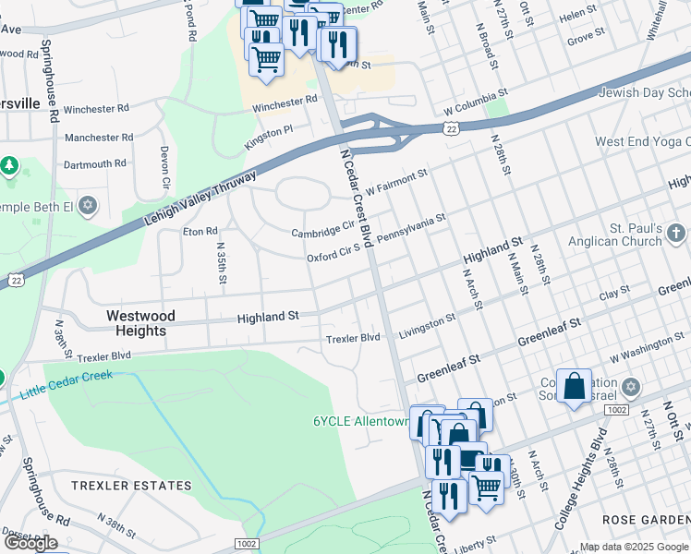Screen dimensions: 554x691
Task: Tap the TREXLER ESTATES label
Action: click(131, 486)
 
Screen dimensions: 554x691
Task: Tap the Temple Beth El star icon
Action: click(88, 204)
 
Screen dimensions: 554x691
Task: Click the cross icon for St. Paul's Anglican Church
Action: click(676, 231)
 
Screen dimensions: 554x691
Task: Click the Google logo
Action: click(30, 543)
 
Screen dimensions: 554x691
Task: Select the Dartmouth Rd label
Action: click(94, 164)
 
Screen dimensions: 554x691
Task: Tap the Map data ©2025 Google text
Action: click(633, 547)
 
